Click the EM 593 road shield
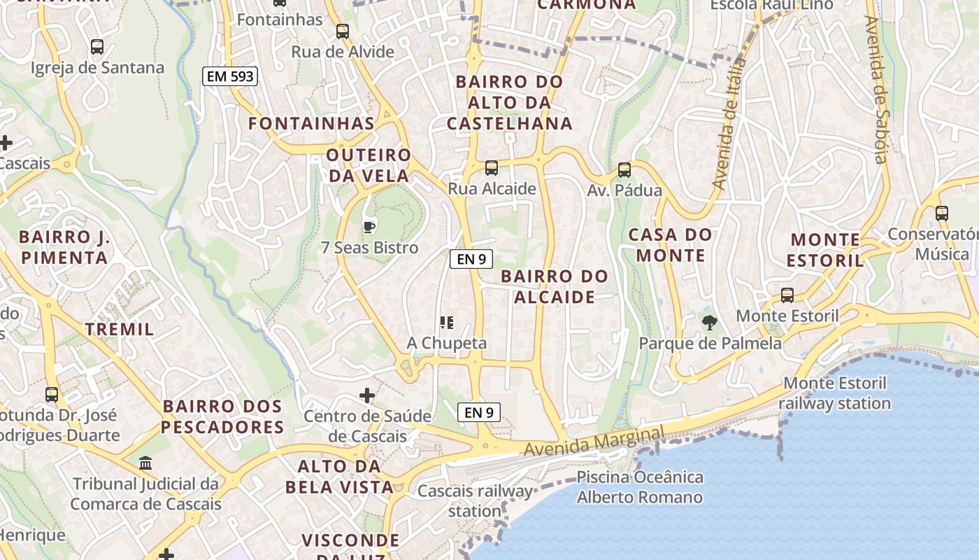coord(230,76)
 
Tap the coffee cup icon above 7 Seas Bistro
coord(369,227)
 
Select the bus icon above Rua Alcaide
coord(492,168)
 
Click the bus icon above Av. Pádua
coord(624,170)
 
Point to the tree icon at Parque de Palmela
coord(710,323)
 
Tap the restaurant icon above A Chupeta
coord(447,323)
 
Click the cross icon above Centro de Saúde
coord(367,395)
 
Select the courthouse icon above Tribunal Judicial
coord(145,463)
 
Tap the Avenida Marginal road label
coord(594,441)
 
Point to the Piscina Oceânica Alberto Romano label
coord(639,487)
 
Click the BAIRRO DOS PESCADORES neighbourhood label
coord(223,416)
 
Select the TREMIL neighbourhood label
coord(119,329)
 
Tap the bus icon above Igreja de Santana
coord(97,48)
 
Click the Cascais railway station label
coord(475,500)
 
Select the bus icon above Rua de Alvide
coord(342,31)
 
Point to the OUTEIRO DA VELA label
coord(369,165)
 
